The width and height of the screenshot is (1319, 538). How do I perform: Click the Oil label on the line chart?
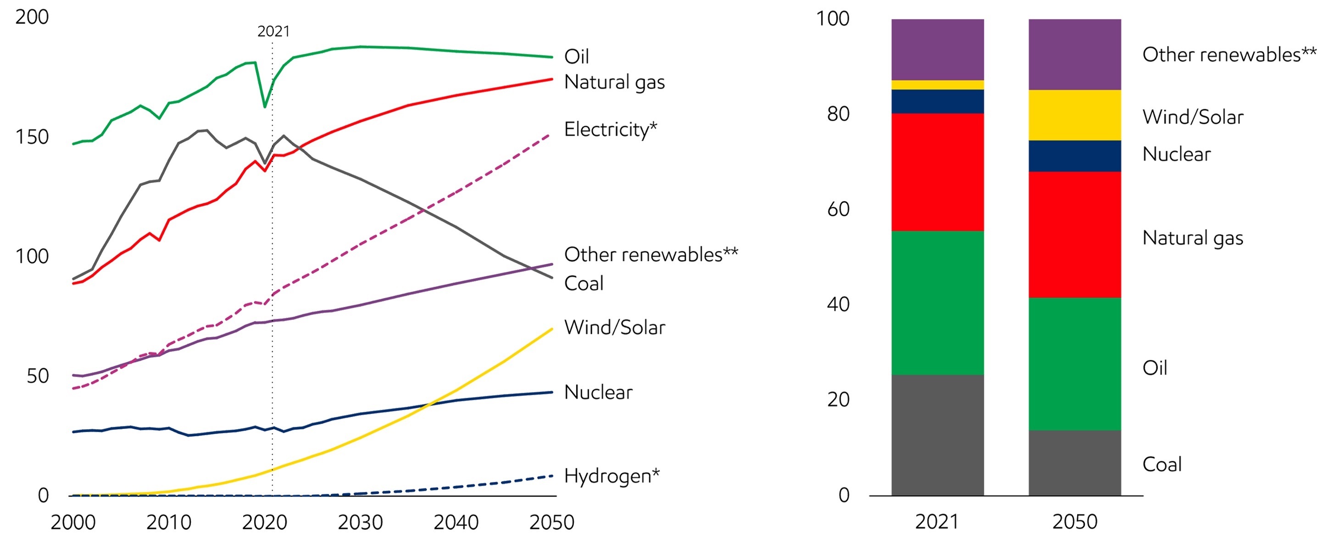tap(577, 56)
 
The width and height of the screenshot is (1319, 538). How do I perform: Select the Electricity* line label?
tap(610, 129)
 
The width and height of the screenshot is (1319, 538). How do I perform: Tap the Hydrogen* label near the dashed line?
tap(612, 476)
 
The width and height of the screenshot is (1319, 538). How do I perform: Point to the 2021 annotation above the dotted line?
tap(273, 31)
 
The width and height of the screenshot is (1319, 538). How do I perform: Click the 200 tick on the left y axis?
tap(32, 17)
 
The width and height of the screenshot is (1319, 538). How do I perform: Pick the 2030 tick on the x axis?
tap(360, 522)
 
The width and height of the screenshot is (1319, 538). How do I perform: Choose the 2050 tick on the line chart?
tap(551, 522)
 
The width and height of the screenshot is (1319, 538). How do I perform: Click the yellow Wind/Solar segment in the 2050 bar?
tap(1074, 115)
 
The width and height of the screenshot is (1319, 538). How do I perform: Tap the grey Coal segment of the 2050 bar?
tap(1074, 463)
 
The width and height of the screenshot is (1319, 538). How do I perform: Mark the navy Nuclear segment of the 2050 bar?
tap(1074, 156)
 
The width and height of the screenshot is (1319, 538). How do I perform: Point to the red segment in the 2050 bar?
tap(1074, 234)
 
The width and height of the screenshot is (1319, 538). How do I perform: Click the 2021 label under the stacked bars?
tap(936, 521)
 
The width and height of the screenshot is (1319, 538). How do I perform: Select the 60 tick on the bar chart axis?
tap(838, 209)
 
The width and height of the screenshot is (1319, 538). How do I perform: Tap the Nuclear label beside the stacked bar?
tap(1176, 154)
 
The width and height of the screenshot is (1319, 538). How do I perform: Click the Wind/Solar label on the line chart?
tap(614, 327)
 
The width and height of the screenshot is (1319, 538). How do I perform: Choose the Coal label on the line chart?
tap(584, 283)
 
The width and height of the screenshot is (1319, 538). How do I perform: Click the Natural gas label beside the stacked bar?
tap(1192, 238)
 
